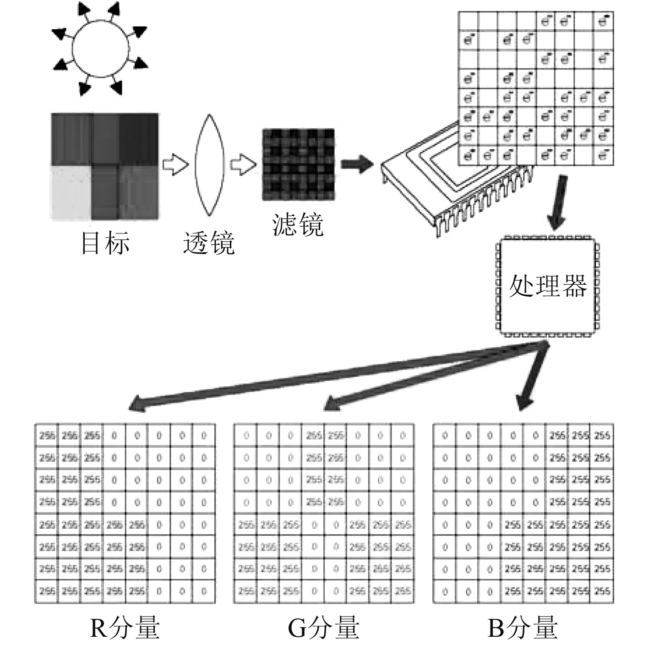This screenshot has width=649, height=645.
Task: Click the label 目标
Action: point(105,243)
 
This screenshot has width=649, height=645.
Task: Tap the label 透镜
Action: point(209,243)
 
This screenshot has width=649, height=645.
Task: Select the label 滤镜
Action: point(298,224)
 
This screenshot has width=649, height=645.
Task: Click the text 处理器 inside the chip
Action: point(548,287)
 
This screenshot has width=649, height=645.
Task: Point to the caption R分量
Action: point(125,627)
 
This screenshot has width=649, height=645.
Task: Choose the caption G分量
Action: point(323,627)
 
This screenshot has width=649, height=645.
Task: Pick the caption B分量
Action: point(522,627)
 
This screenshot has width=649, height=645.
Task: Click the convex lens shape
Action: point(209,165)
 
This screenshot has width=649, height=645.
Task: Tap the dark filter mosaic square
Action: point(298,165)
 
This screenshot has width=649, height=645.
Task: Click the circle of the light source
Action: point(100,46)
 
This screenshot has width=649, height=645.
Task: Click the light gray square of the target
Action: point(71,192)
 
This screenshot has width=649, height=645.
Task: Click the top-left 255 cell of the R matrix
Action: point(46,435)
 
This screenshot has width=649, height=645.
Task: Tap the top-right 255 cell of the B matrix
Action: point(602,435)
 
